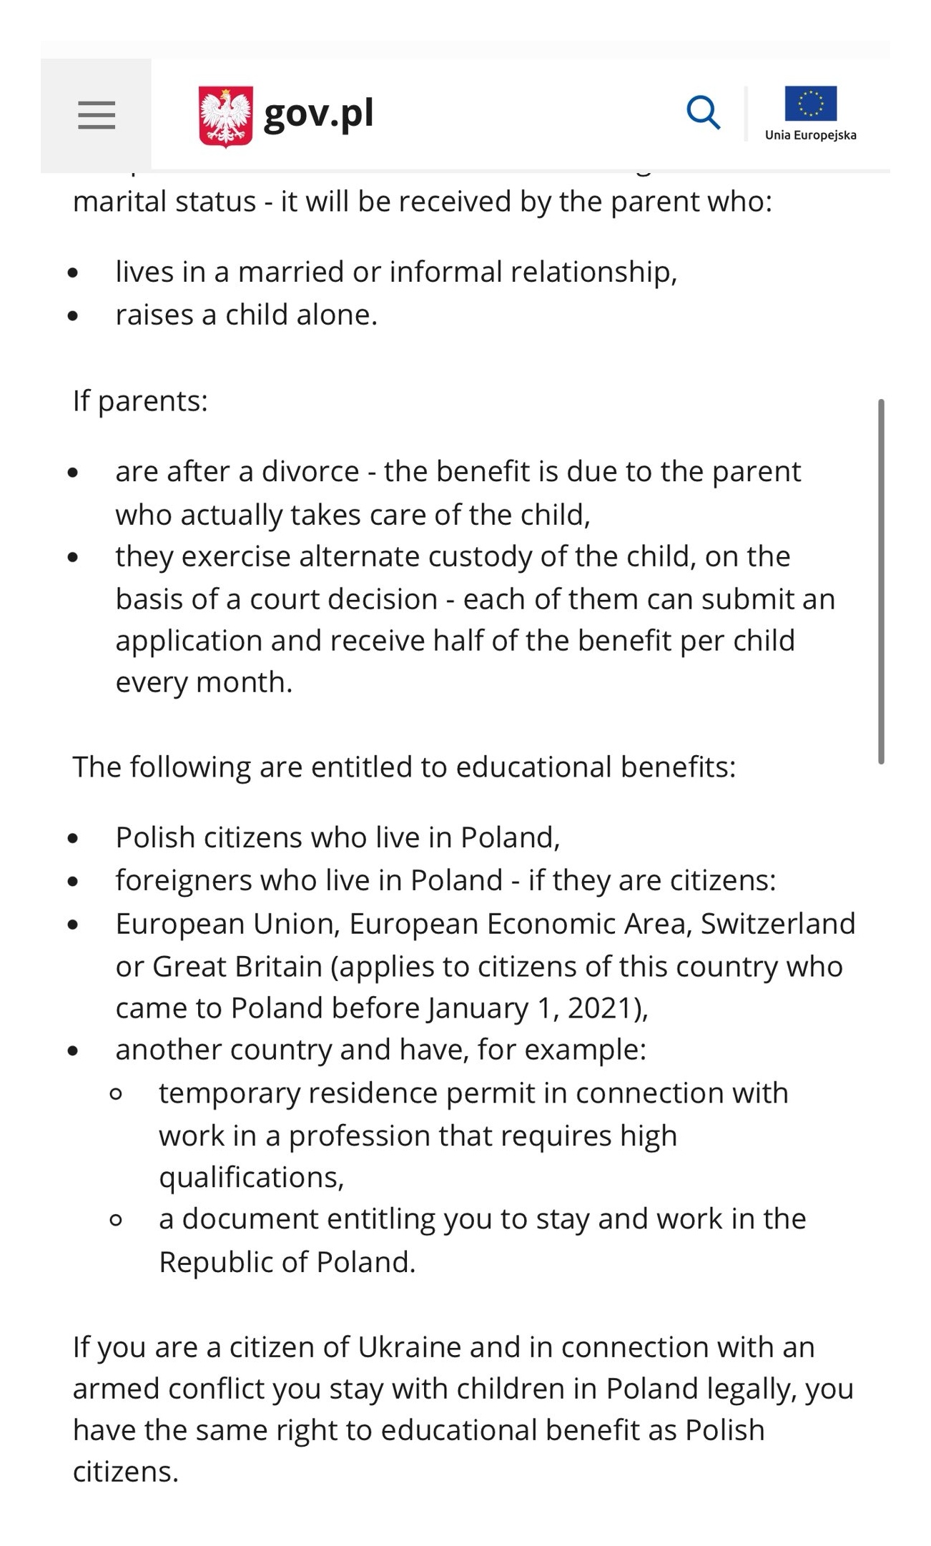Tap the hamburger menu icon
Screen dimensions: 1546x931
(97, 115)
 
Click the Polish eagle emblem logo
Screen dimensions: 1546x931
(225, 116)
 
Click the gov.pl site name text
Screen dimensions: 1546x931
(318, 114)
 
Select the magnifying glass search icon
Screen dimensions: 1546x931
(703, 113)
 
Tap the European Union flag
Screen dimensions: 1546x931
(810, 104)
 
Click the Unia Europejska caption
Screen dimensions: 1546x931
(810, 135)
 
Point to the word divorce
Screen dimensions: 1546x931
(310, 472)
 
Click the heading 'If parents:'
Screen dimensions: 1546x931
(140, 401)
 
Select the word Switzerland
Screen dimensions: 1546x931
(777, 924)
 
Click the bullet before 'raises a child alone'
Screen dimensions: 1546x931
(73, 315)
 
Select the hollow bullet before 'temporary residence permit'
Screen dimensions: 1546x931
(116, 1093)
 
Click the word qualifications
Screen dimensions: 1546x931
(251, 1178)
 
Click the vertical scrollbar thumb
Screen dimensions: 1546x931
(881, 581)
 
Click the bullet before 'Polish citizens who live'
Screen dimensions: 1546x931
(73, 838)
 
